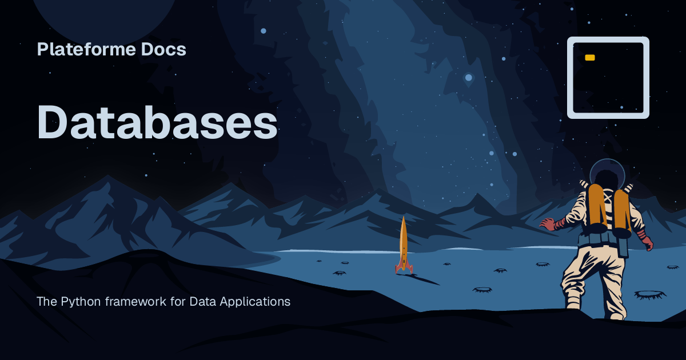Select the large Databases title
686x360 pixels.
[157, 123]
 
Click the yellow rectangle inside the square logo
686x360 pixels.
[590, 58]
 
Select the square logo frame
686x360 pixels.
[608, 39]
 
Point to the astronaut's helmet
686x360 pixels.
[607, 173]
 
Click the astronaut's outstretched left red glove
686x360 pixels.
[548, 223]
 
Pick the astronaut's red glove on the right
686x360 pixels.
[647, 242]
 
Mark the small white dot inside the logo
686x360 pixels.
[621, 107]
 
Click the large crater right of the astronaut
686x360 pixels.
[649, 294]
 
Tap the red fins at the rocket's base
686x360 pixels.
[404, 267]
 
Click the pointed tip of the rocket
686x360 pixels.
[404, 218]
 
